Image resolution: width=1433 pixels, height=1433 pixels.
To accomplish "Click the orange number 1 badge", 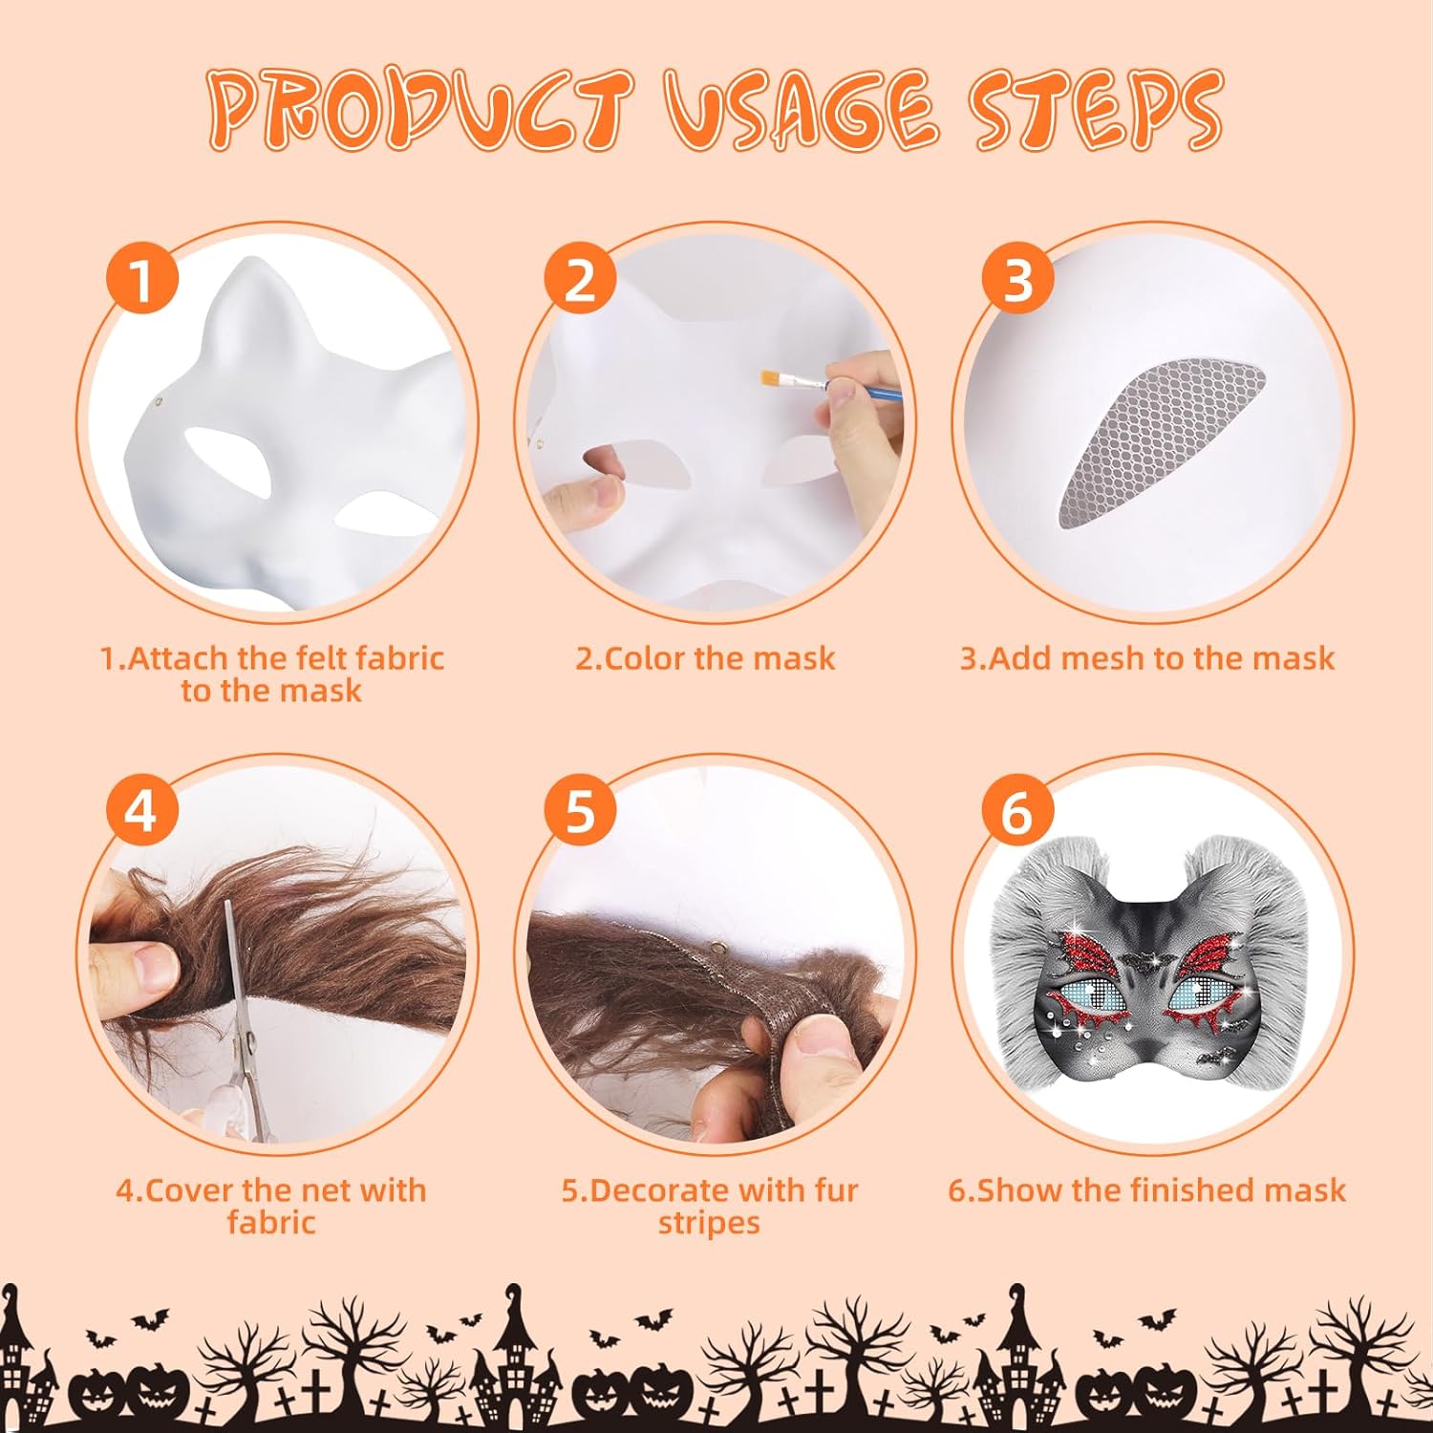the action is [x=141, y=280].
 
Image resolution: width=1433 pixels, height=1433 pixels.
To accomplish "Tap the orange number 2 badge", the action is [x=581, y=280].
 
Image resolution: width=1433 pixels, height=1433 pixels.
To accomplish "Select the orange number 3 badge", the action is [x=1018, y=280].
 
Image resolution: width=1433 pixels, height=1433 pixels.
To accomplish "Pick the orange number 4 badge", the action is [x=141, y=812].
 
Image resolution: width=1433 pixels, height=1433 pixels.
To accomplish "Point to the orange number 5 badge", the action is [x=581, y=812].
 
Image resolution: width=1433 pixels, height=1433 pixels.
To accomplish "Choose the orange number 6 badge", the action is [x=1018, y=812].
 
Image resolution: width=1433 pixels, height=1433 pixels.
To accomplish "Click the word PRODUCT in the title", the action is [x=421, y=110].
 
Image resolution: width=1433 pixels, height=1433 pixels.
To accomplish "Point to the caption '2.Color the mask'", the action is [x=705, y=658].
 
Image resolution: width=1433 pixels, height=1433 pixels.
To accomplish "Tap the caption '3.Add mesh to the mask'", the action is [x=1146, y=658].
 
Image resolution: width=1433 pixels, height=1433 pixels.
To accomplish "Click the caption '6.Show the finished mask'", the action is [x=1146, y=1190].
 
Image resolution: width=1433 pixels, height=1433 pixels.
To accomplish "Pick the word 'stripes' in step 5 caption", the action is [x=709, y=1224].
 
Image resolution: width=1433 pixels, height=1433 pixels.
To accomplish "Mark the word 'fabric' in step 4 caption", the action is [x=271, y=1223].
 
